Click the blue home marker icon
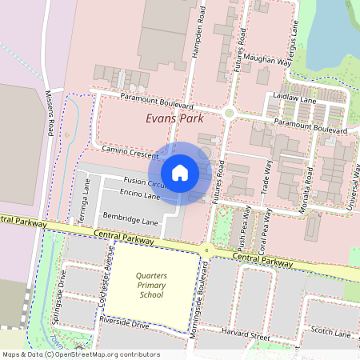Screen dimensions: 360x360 (x=180, y=172)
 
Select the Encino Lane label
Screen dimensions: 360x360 (x=141, y=195)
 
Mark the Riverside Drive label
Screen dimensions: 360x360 (x=124, y=326)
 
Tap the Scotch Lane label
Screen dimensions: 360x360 (x=331, y=333)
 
